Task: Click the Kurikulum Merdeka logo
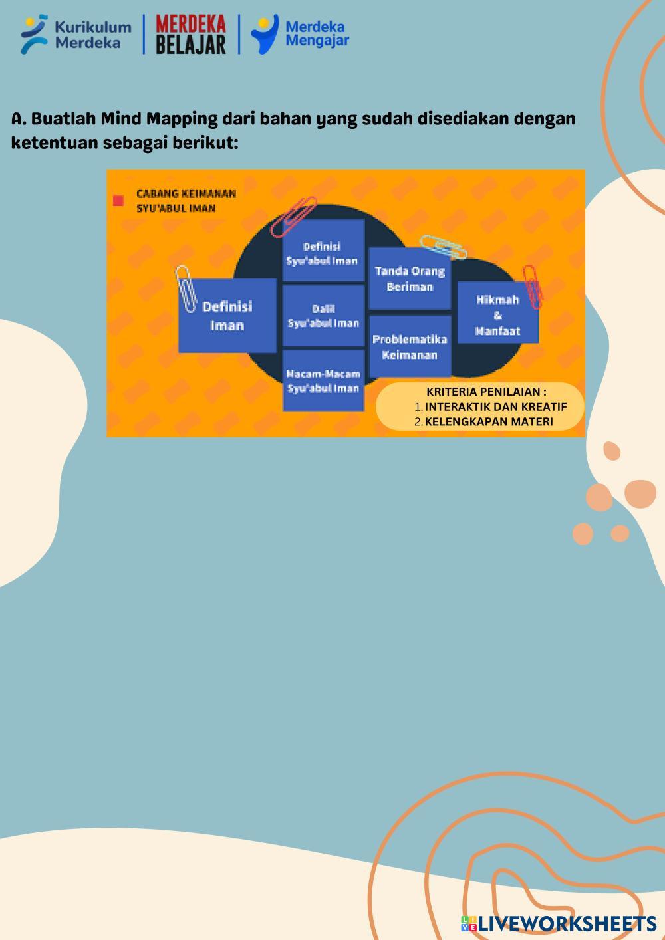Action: pos(75,35)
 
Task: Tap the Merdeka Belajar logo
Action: pos(191,35)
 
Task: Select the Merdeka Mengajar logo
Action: pos(300,35)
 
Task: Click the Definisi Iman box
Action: pos(227,316)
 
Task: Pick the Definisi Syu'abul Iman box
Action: pos(323,253)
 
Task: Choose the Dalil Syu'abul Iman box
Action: pos(323,316)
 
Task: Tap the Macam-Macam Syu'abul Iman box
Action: pos(323,381)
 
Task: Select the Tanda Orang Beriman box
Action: pos(410,279)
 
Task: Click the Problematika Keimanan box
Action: pos(410,346)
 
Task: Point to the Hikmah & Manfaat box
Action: pos(497,315)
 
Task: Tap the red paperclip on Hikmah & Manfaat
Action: pos(533,286)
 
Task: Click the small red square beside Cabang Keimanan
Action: pos(119,201)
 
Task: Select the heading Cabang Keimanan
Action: pos(186,193)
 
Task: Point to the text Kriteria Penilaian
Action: pos(486,392)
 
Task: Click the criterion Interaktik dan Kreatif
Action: pos(495,407)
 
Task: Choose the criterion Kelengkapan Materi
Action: pos(489,421)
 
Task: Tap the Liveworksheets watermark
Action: pos(559,923)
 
